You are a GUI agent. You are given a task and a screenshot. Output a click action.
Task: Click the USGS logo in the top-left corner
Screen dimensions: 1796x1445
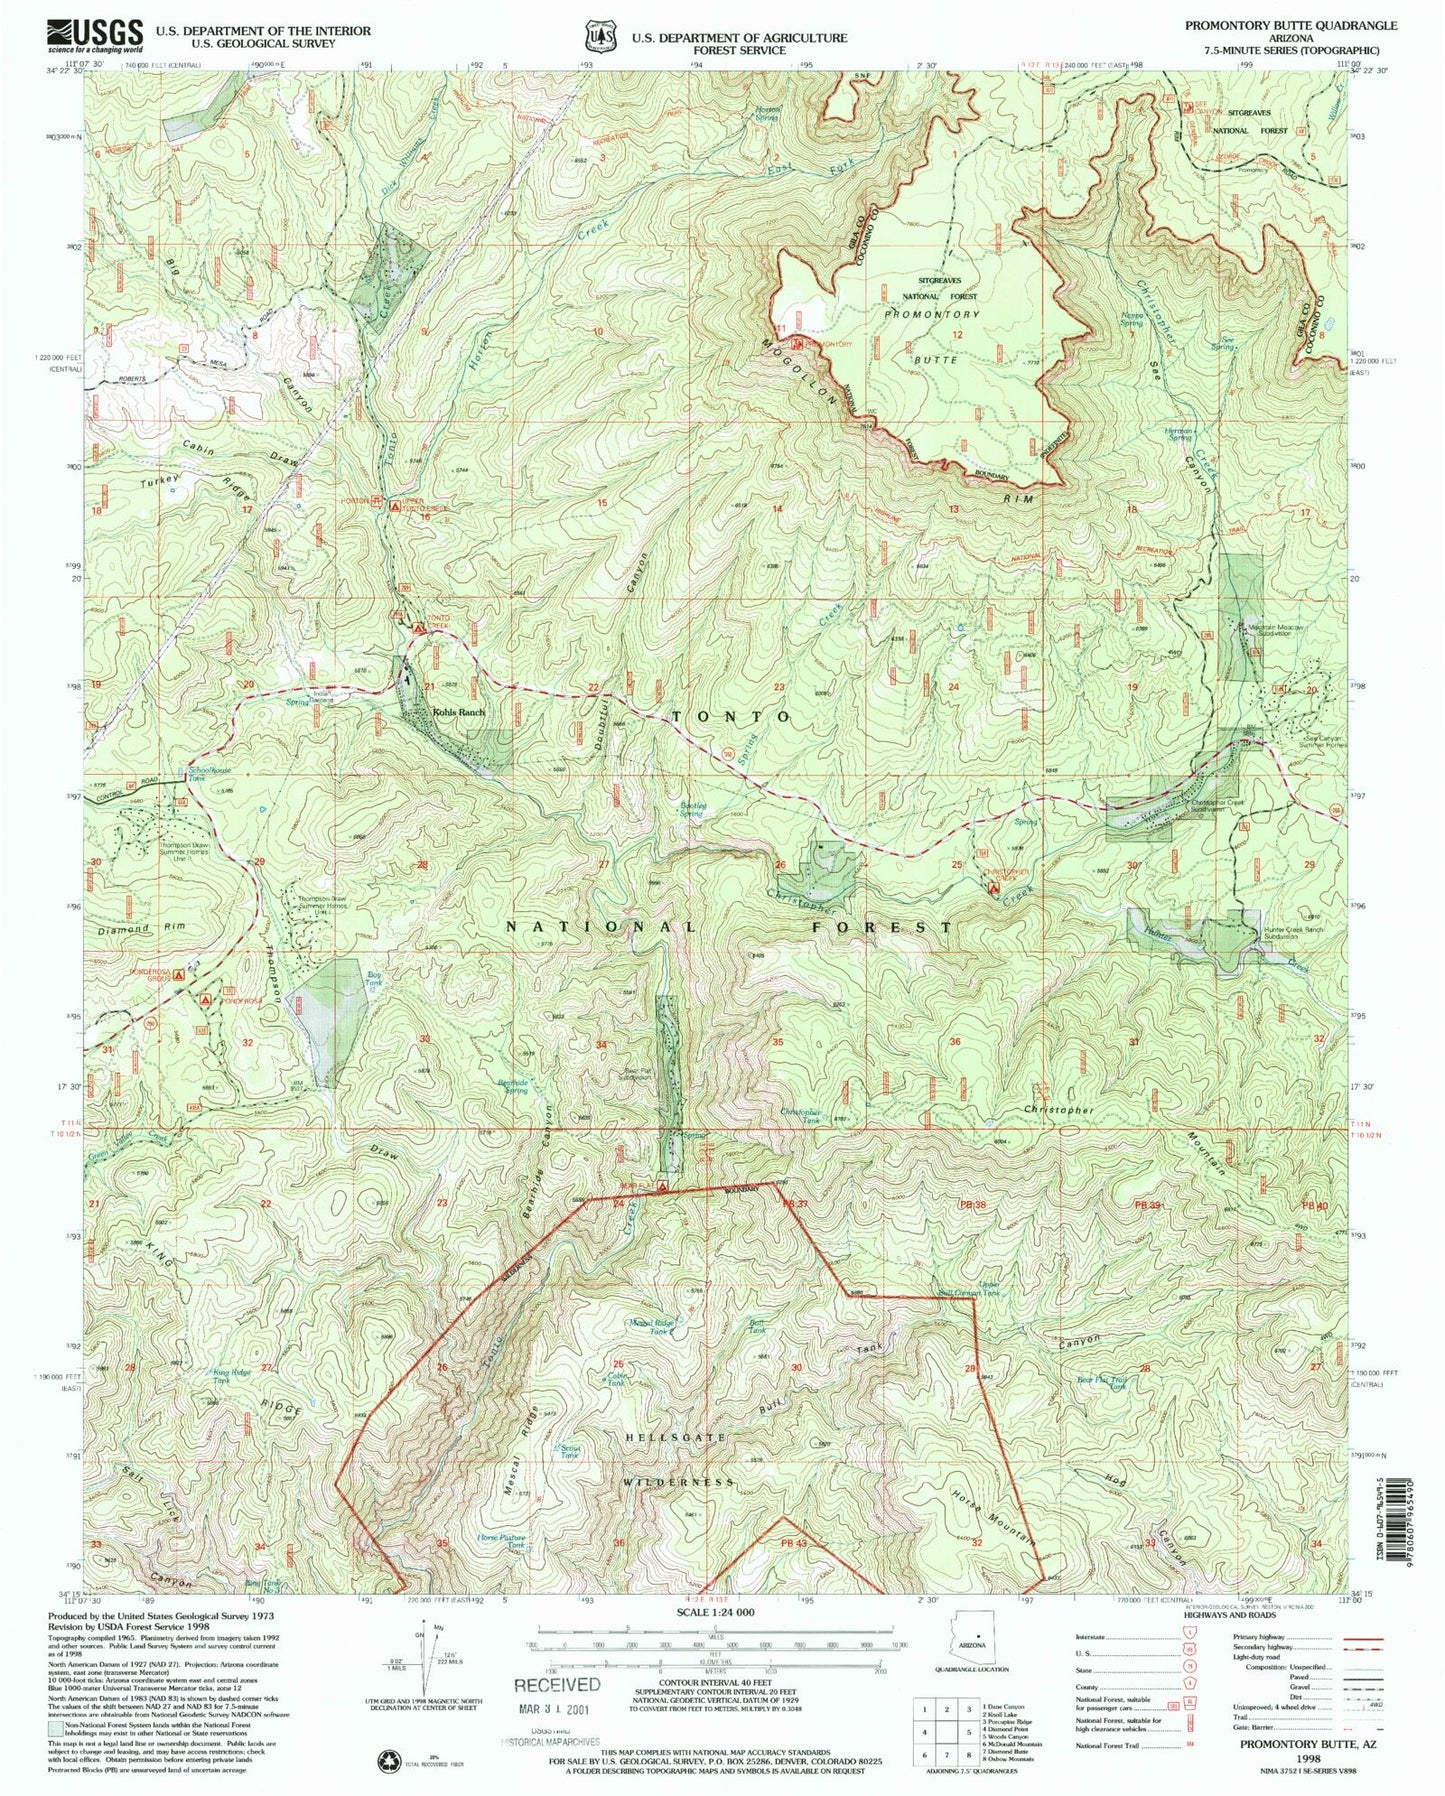[95, 36]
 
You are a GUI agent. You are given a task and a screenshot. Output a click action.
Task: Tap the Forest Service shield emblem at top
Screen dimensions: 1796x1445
[599, 37]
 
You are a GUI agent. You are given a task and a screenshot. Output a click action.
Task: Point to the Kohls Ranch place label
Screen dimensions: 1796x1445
[458, 712]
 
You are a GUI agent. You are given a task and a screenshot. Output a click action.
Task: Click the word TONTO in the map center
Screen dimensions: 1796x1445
[731, 717]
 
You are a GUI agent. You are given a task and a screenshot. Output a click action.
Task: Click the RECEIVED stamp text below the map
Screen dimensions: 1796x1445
[557, 1686]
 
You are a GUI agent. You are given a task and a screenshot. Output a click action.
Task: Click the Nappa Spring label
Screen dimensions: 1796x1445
[1130, 318]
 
